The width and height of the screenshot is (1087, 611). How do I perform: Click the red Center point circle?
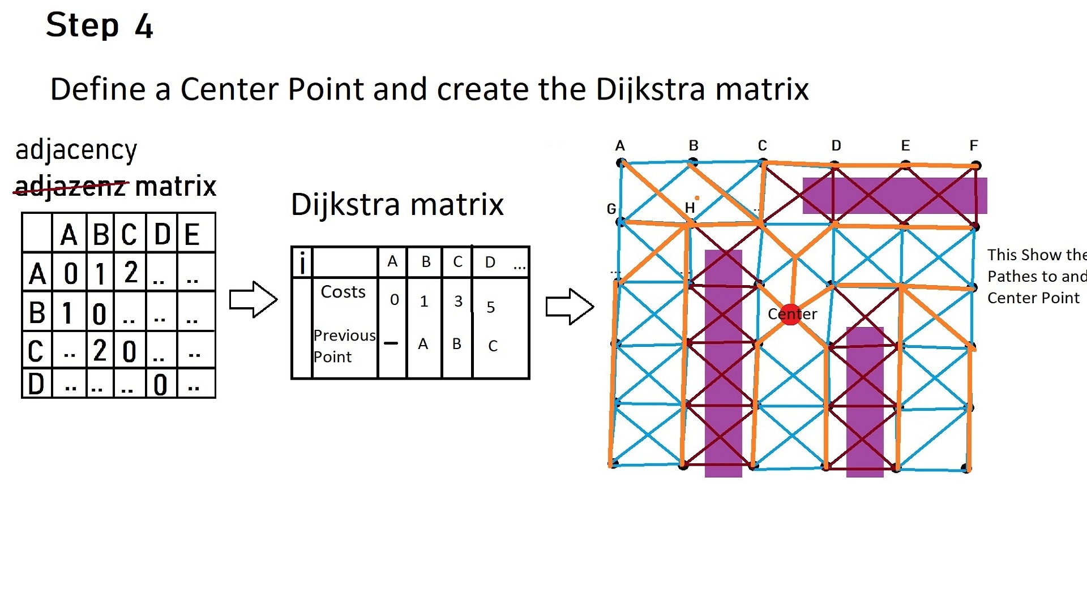pos(791,315)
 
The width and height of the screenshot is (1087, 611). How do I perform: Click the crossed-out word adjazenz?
pos(70,186)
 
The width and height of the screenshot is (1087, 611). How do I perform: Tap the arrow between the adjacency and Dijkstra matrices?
pos(253,299)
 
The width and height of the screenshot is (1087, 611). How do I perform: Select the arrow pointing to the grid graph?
pos(570,307)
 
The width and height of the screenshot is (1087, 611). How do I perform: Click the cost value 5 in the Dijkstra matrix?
pos(490,307)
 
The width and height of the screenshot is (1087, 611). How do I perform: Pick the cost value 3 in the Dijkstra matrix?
pos(458,302)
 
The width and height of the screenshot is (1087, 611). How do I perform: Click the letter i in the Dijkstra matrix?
pos(302,263)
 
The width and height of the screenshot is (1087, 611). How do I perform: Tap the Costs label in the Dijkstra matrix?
pos(343,292)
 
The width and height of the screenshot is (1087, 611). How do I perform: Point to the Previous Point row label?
pos(343,346)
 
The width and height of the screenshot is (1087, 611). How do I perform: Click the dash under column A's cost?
pos(391,343)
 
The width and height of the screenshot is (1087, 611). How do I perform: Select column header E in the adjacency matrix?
pos(192,234)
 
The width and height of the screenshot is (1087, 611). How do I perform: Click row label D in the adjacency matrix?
pos(36,384)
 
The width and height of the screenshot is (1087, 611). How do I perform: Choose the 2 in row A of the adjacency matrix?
pos(131,272)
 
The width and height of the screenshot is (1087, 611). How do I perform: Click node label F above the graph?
pos(973,145)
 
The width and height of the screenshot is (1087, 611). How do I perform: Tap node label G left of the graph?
pos(611,209)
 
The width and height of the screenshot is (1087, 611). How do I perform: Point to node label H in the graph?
pos(689,208)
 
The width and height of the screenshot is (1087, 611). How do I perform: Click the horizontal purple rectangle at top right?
pos(895,196)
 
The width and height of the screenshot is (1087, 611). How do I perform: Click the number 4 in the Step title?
pos(144,26)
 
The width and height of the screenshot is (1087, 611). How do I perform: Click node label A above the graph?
pos(619,146)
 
